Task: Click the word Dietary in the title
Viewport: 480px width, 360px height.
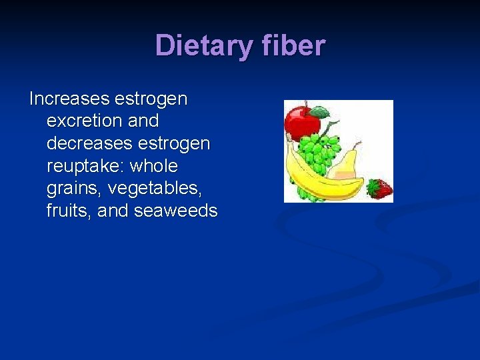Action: [x=199, y=46]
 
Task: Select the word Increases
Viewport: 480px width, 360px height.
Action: [x=69, y=99]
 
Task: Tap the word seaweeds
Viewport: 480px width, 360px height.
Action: [x=177, y=211]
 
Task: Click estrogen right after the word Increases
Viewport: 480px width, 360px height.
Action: [x=151, y=99]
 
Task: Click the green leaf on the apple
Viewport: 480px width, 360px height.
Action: [x=319, y=111]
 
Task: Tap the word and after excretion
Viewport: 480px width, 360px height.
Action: [x=139, y=121]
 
